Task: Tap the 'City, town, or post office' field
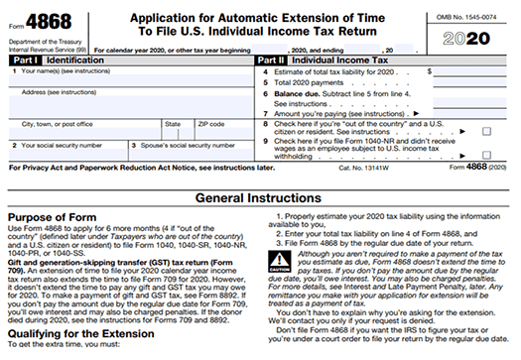(x=84, y=131)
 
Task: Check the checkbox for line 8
(x=486, y=131)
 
